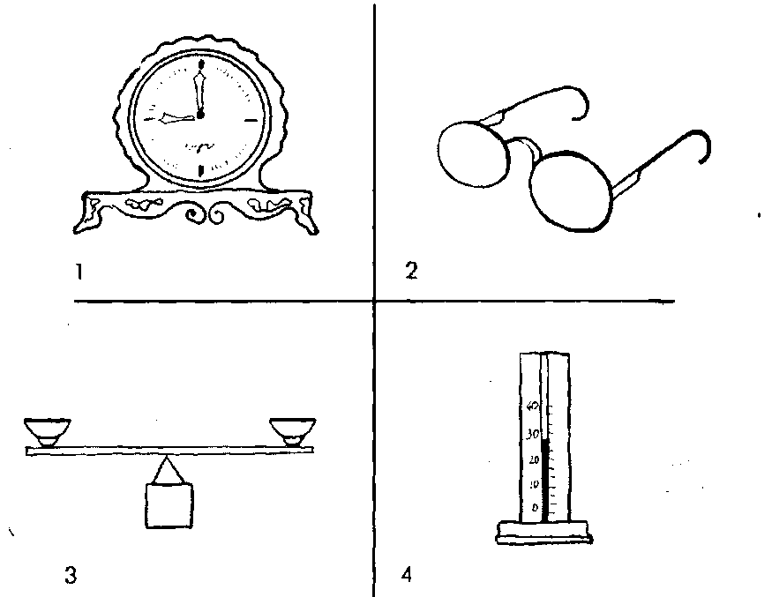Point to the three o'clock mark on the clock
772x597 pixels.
[x=251, y=117]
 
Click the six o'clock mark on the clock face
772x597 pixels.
[x=202, y=169]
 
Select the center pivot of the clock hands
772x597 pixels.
[x=201, y=115]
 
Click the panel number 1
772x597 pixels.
[x=79, y=272]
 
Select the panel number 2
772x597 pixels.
[x=410, y=271]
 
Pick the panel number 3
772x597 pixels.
[x=70, y=576]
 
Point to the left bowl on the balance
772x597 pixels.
[x=47, y=432]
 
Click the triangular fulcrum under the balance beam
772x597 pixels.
[x=168, y=471]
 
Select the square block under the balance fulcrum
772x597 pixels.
[x=168, y=505]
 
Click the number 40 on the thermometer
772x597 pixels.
[x=532, y=407]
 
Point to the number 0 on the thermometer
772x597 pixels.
[x=534, y=509]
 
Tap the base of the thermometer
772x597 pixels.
[x=543, y=531]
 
